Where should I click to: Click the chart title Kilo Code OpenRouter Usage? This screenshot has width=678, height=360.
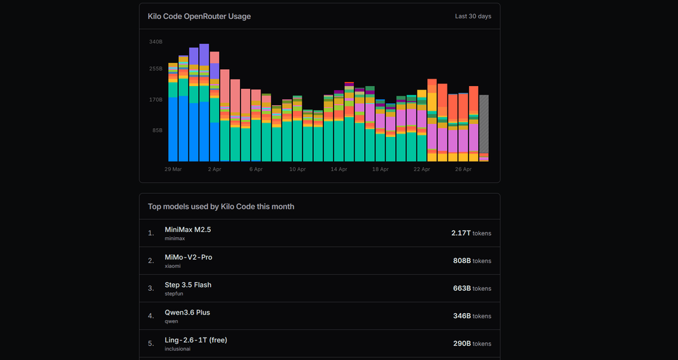coord(199,16)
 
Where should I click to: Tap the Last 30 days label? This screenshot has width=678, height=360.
coord(473,16)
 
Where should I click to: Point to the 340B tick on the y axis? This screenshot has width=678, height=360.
coord(156,42)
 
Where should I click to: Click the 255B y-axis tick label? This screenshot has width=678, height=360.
coord(156,68)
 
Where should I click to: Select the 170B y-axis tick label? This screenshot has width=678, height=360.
coord(156,100)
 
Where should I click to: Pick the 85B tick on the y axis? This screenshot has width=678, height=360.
coord(157,130)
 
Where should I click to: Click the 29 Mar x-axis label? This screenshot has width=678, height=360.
coord(173,169)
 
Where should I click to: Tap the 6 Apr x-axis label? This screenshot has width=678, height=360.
coord(256,169)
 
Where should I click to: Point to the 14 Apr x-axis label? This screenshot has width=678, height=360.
coord(339,169)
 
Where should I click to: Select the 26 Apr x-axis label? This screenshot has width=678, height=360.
coord(464,169)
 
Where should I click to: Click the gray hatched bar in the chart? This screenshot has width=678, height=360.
coord(484,124)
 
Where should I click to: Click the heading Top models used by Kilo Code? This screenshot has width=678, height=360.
coord(221,207)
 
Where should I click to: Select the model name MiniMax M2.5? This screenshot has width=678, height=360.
coord(188,229)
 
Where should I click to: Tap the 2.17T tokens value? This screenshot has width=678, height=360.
coord(471,233)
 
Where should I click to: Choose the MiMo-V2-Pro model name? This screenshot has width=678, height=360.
coord(188,257)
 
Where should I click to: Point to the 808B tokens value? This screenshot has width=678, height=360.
coord(472,260)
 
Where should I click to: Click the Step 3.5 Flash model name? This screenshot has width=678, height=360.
coord(188,285)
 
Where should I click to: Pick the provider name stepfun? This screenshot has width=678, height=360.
coord(174,294)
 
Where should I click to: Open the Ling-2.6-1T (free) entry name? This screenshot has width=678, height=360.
coord(196,340)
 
